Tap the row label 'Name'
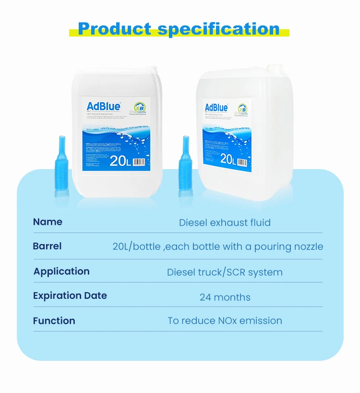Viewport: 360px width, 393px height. pos(48,222)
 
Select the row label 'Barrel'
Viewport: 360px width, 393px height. pos(47,246)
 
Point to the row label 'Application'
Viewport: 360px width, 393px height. pos(61,271)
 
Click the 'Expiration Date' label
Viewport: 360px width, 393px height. pos(70,296)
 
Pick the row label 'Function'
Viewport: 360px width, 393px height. pos(54,321)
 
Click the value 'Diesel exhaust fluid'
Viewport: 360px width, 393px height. pos(225,222)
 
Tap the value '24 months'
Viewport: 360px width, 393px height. pos(225,297)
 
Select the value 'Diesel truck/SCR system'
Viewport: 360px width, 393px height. pos(225,272)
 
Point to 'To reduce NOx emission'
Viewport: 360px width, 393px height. pos(225,320)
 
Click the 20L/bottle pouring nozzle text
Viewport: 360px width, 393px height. pos(218,247)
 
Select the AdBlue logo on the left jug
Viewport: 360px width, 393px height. pos(103,106)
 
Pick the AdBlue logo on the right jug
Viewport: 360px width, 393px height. pos(216,107)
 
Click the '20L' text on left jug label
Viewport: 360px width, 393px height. pos(120,161)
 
